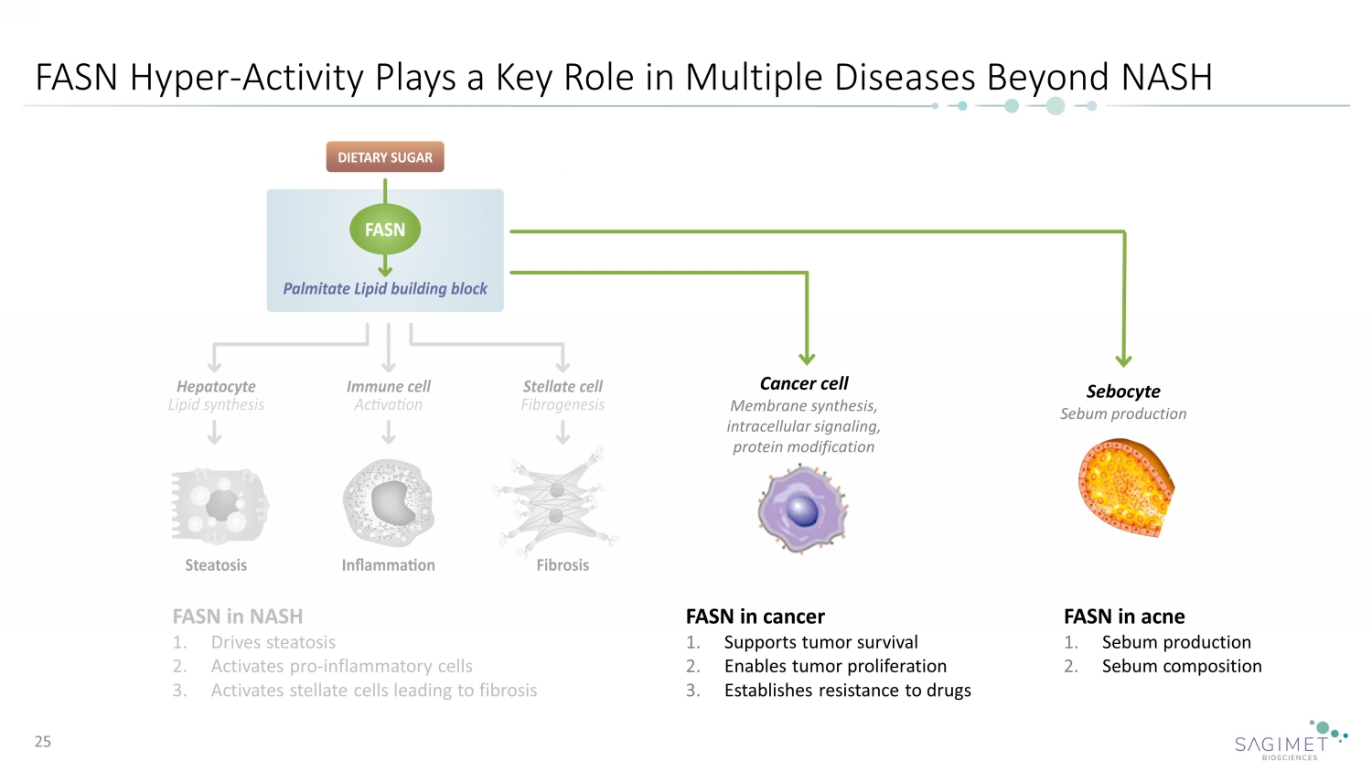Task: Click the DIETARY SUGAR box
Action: (385, 157)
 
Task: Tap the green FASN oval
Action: (385, 230)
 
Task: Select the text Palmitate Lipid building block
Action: (385, 288)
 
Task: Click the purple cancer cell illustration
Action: (802, 509)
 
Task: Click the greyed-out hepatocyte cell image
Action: (220, 506)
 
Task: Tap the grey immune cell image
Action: (389, 503)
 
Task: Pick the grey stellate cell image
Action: (557, 503)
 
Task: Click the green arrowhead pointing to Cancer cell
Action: (807, 359)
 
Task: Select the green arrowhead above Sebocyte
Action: (1124, 360)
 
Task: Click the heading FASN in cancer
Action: (756, 617)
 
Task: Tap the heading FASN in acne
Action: (1124, 617)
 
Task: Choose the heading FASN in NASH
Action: (238, 617)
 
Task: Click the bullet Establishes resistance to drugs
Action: (847, 691)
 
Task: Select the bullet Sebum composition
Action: (1181, 666)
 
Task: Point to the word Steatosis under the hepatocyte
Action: (216, 565)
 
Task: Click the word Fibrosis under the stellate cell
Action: (563, 565)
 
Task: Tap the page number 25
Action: (43, 742)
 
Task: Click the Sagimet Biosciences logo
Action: (1290, 742)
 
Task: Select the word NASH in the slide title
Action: (1166, 78)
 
